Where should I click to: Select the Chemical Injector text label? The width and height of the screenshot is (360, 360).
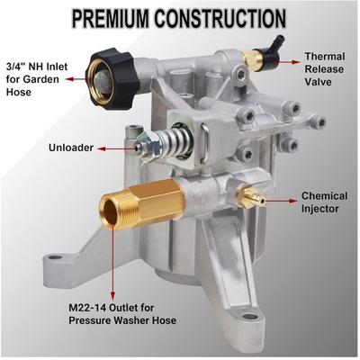coord(325,202)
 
